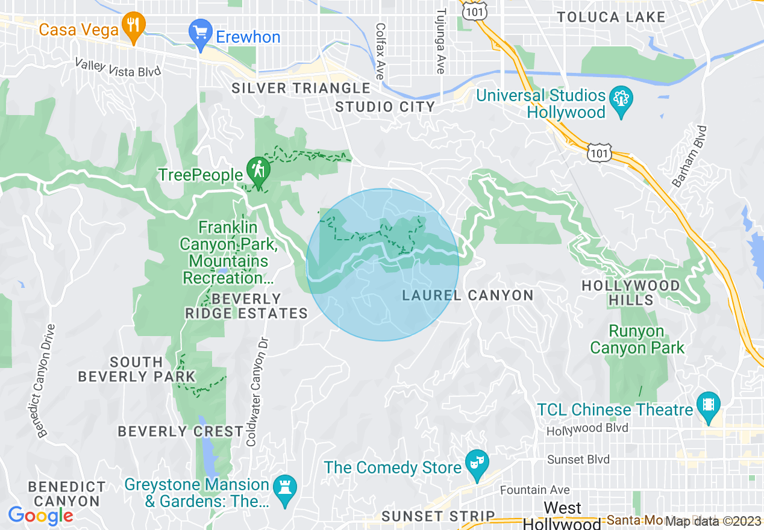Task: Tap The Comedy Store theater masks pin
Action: pyautogui.click(x=477, y=464)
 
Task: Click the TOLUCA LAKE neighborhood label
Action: pyautogui.click(x=611, y=17)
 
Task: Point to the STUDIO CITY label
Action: pyautogui.click(x=385, y=107)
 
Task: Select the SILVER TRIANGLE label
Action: pyautogui.click(x=301, y=89)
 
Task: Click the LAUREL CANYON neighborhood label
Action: pyautogui.click(x=468, y=295)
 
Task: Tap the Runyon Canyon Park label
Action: pyautogui.click(x=637, y=340)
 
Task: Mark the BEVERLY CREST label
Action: pyautogui.click(x=180, y=432)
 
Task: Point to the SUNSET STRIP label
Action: pyautogui.click(x=438, y=517)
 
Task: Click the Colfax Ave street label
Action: pyautogui.click(x=380, y=51)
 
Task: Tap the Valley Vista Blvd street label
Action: pyautogui.click(x=118, y=67)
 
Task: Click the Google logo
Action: pyautogui.click(x=40, y=516)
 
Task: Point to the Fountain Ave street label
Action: pyautogui.click(x=534, y=490)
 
